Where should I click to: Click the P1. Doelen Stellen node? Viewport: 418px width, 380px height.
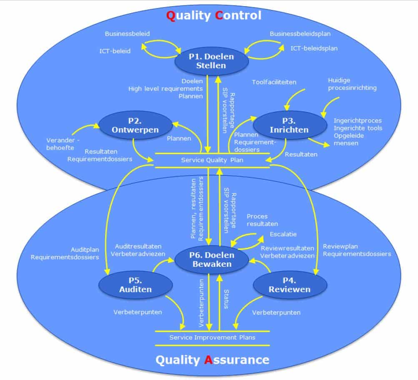click(x=211, y=61)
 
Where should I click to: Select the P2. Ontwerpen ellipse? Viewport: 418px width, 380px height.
click(x=135, y=125)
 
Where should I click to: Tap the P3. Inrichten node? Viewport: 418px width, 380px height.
click(x=289, y=125)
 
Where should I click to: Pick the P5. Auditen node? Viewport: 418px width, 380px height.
click(x=135, y=285)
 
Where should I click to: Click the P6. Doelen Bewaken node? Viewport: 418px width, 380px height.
click(x=211, y=259)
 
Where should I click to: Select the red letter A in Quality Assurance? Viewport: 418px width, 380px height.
click(x=209, y=360)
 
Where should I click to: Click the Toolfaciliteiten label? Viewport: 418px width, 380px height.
click(x=274, y=82)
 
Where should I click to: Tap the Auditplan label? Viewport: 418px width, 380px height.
click(x=85, y=250)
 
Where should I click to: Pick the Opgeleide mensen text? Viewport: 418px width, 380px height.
click(x=349, y=139)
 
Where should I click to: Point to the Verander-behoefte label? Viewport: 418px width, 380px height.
click(x=60, y=144)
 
